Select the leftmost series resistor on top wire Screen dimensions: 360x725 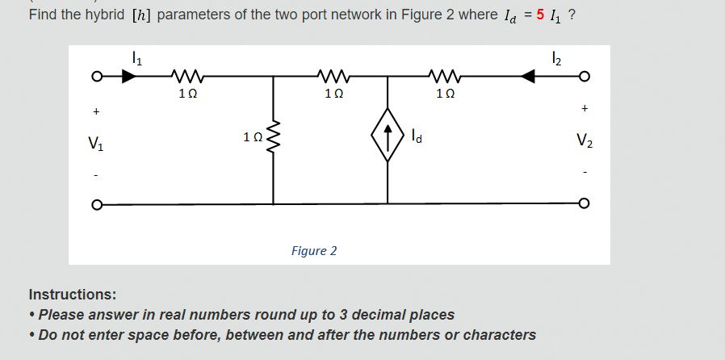186,77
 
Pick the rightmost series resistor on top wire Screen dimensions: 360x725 446,77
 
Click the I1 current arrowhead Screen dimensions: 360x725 128,77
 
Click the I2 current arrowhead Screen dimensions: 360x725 529,77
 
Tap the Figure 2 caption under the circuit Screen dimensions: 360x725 314,251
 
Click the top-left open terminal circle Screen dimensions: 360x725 94,77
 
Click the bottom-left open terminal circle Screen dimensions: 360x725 94,203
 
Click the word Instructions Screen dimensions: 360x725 72,294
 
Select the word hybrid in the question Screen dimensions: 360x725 104,15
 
